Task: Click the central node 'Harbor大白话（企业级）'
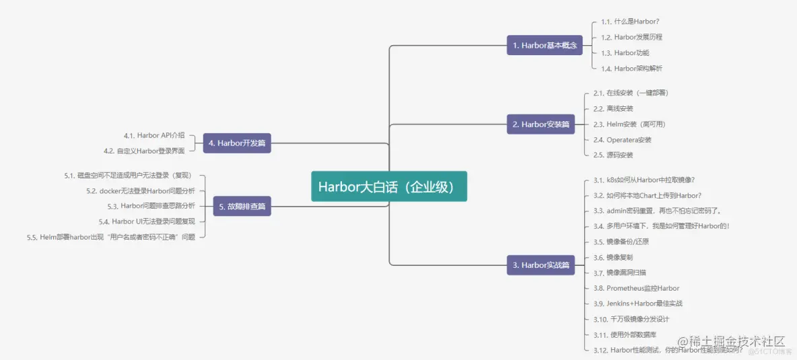coord(389,186)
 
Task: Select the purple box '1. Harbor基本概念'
coord(545,45)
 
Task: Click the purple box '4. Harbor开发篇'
coord(237,143)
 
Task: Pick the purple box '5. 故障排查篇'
coord(242,206)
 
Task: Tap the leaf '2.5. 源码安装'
coord(613,155)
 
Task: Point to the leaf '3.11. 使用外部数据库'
coord(624,334)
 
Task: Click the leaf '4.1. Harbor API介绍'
coord(154,135)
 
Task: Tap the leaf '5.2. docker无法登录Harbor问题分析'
coord(141,190)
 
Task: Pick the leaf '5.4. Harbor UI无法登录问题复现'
coord(147,221)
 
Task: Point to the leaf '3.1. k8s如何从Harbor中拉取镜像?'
coord(644,180)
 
